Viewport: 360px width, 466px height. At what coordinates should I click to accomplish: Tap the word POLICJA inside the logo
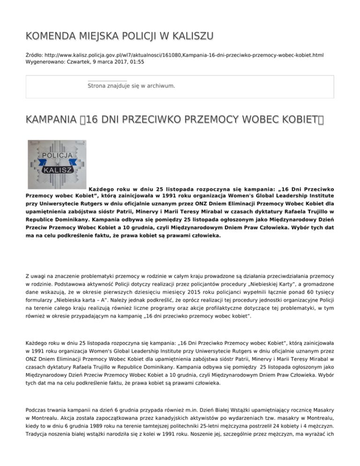tap(57, 155)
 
